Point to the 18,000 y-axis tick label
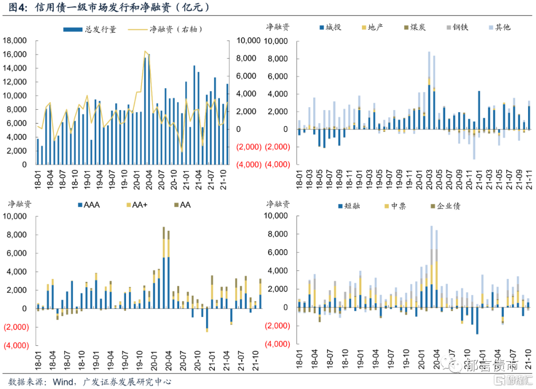pos(16,41)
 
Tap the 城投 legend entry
pos(330,27)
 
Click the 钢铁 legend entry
pos(456,27)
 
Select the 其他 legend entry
pos(499,27)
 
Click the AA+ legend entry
pos(137,204)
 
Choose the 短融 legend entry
pos(348,205)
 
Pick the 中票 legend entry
pos(396,205)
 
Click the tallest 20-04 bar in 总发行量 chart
pos(148,109)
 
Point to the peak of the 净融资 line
pos(145,51)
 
